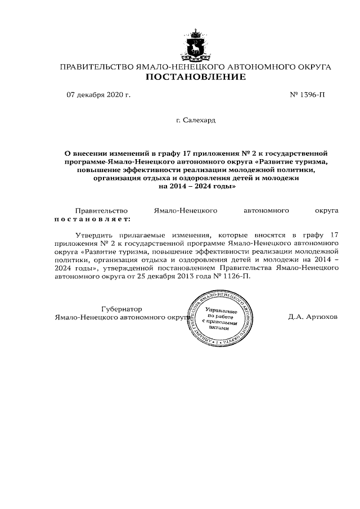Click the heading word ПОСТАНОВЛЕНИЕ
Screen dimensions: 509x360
pyautogui.click(x=195, y=77)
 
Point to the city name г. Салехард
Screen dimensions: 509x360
pyautogui.click(x=195, y=120)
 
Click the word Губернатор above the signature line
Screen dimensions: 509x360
pyautogui.click(x=121, y=309)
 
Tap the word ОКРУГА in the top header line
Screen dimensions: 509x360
pyautogui.click(x=310, y=67)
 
